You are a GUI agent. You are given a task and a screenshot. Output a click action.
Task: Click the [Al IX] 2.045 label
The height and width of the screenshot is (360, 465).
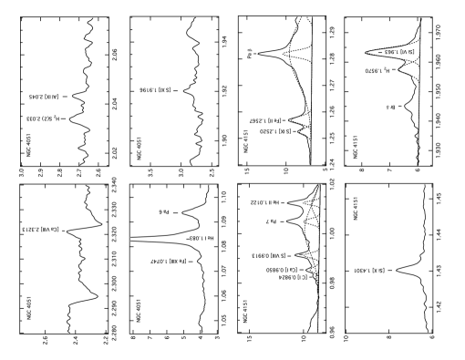pyautogui.click(x=45, y=97)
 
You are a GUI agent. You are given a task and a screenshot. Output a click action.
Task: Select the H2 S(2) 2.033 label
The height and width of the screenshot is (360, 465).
pyautogui.click(x=43, y=118)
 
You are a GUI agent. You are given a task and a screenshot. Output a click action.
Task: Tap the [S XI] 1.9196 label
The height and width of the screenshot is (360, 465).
pyautogui.click(x=155, y=90)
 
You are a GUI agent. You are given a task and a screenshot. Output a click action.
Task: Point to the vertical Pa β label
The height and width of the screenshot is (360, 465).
pyautogui.click(x=250, y=54)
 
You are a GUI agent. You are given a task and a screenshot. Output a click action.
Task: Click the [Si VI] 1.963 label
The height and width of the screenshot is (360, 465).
pyautogui.click(x=401, y=52)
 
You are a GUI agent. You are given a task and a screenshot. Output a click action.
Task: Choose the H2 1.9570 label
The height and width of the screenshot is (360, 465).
pyautogui.click(x=377, y=70)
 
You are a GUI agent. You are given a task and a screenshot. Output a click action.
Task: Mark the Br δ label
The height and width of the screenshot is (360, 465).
pyautogui.click(x=390, y=108)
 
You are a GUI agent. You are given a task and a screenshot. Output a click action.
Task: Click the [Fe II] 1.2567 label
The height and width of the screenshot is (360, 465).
pyautogui.click(x=265, y=121)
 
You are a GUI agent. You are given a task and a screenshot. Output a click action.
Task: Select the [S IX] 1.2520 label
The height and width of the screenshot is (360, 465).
pyautogui.click(x=275, y=131)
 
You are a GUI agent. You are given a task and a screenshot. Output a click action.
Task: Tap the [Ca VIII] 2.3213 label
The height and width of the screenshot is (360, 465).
pyautogui.click(x=42, y=230)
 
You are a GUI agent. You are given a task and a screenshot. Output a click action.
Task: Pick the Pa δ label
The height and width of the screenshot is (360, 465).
pyautogui.click(x=164, y=212)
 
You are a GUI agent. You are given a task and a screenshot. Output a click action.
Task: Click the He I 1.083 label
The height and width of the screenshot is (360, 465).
pyautogui.click(x=201, y=238)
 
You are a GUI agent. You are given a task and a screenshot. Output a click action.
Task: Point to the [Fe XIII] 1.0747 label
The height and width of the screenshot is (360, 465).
pyautogui.click(x=169, y=262)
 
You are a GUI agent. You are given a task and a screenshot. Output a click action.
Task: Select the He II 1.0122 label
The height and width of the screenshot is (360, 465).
pyautogui.click(x=264, y=202)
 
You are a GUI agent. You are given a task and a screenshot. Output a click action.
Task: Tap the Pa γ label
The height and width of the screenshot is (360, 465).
pyautogui.click(x=271, y=221)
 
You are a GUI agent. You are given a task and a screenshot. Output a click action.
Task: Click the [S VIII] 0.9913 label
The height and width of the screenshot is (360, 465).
pyautogui.click(x=269, y=256)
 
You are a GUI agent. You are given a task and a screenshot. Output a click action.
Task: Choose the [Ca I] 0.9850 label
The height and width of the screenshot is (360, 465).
pyautogui.click(x=283, y=270)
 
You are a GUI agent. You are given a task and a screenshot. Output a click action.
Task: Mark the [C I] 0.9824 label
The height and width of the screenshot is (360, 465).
pyautogui.click(x=293, y=277)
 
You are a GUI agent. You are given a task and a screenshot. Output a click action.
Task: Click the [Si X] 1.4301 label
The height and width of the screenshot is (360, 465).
pyautogui.click(x=369, y=271)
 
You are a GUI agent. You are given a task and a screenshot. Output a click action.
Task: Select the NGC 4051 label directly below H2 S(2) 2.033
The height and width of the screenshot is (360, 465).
pyautogui.click(x=28, y=146)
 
